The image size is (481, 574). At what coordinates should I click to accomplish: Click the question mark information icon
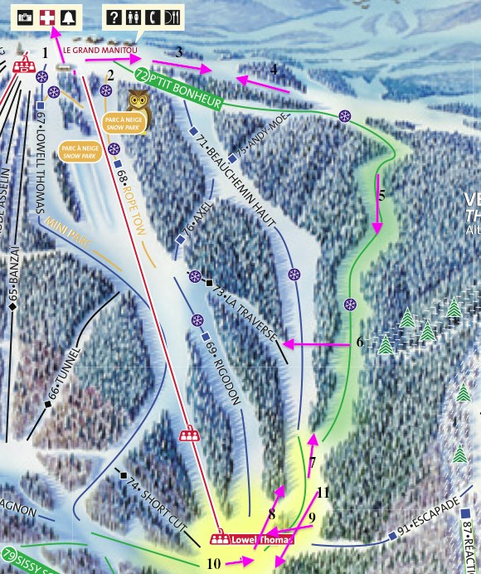coord(114,16)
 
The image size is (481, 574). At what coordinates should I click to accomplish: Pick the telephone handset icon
coord(151,16)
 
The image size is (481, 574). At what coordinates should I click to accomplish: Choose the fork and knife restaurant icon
coord(169,16)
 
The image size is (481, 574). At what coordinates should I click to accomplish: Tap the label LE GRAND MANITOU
coord(100,50)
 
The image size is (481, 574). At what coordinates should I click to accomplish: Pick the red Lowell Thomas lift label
coord(253,540)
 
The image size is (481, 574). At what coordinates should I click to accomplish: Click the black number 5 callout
coord(381,196)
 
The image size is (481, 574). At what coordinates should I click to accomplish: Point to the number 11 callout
coord(323,493)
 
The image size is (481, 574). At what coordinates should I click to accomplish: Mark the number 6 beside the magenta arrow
coord(360,342)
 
